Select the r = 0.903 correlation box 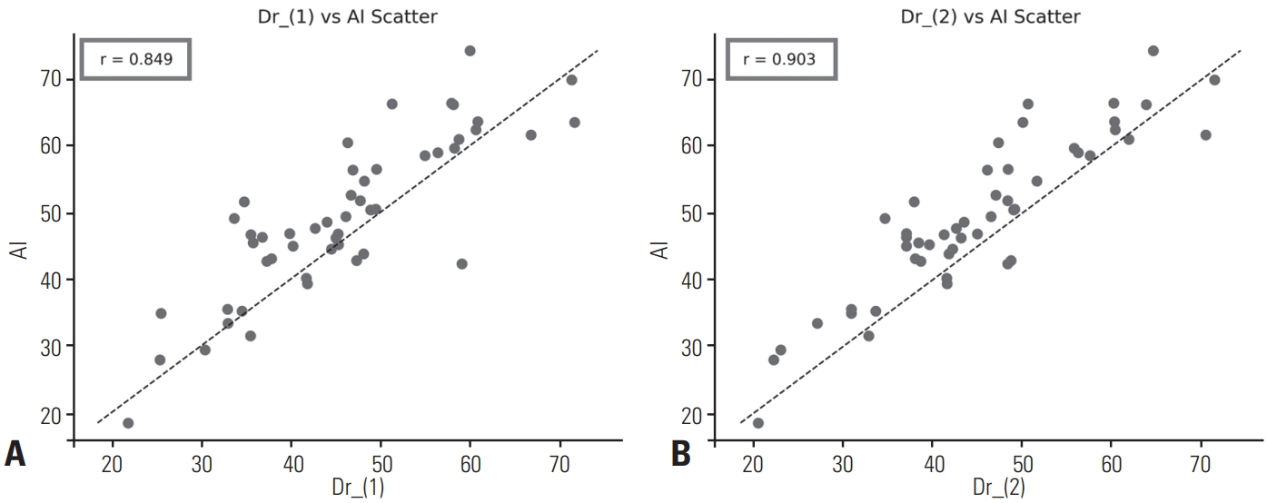click(779, 60)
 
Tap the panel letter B click(682, 453)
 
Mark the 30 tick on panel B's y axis click(691, 347)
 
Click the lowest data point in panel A click(128, 423)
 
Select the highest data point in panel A click(470, 51)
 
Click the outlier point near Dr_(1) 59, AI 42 click(461, 263)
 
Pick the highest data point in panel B click(1153, 51)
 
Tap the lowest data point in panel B click(757, 423)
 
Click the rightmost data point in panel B click(1214, 80)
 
